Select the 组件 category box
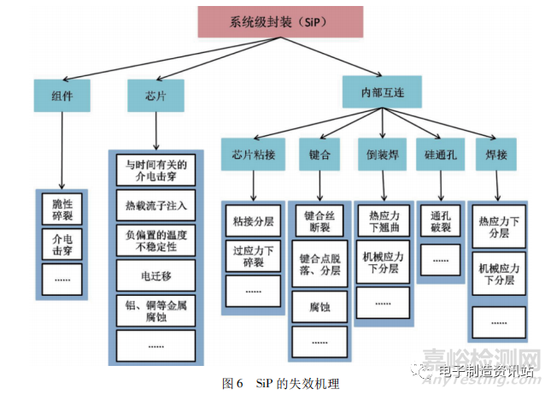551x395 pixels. pos(62,96)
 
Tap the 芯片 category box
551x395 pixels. pos(155,96)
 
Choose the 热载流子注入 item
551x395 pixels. pos(155,205)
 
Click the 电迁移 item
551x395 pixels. pos(155,275)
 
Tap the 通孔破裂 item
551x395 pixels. pos(440,220)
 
